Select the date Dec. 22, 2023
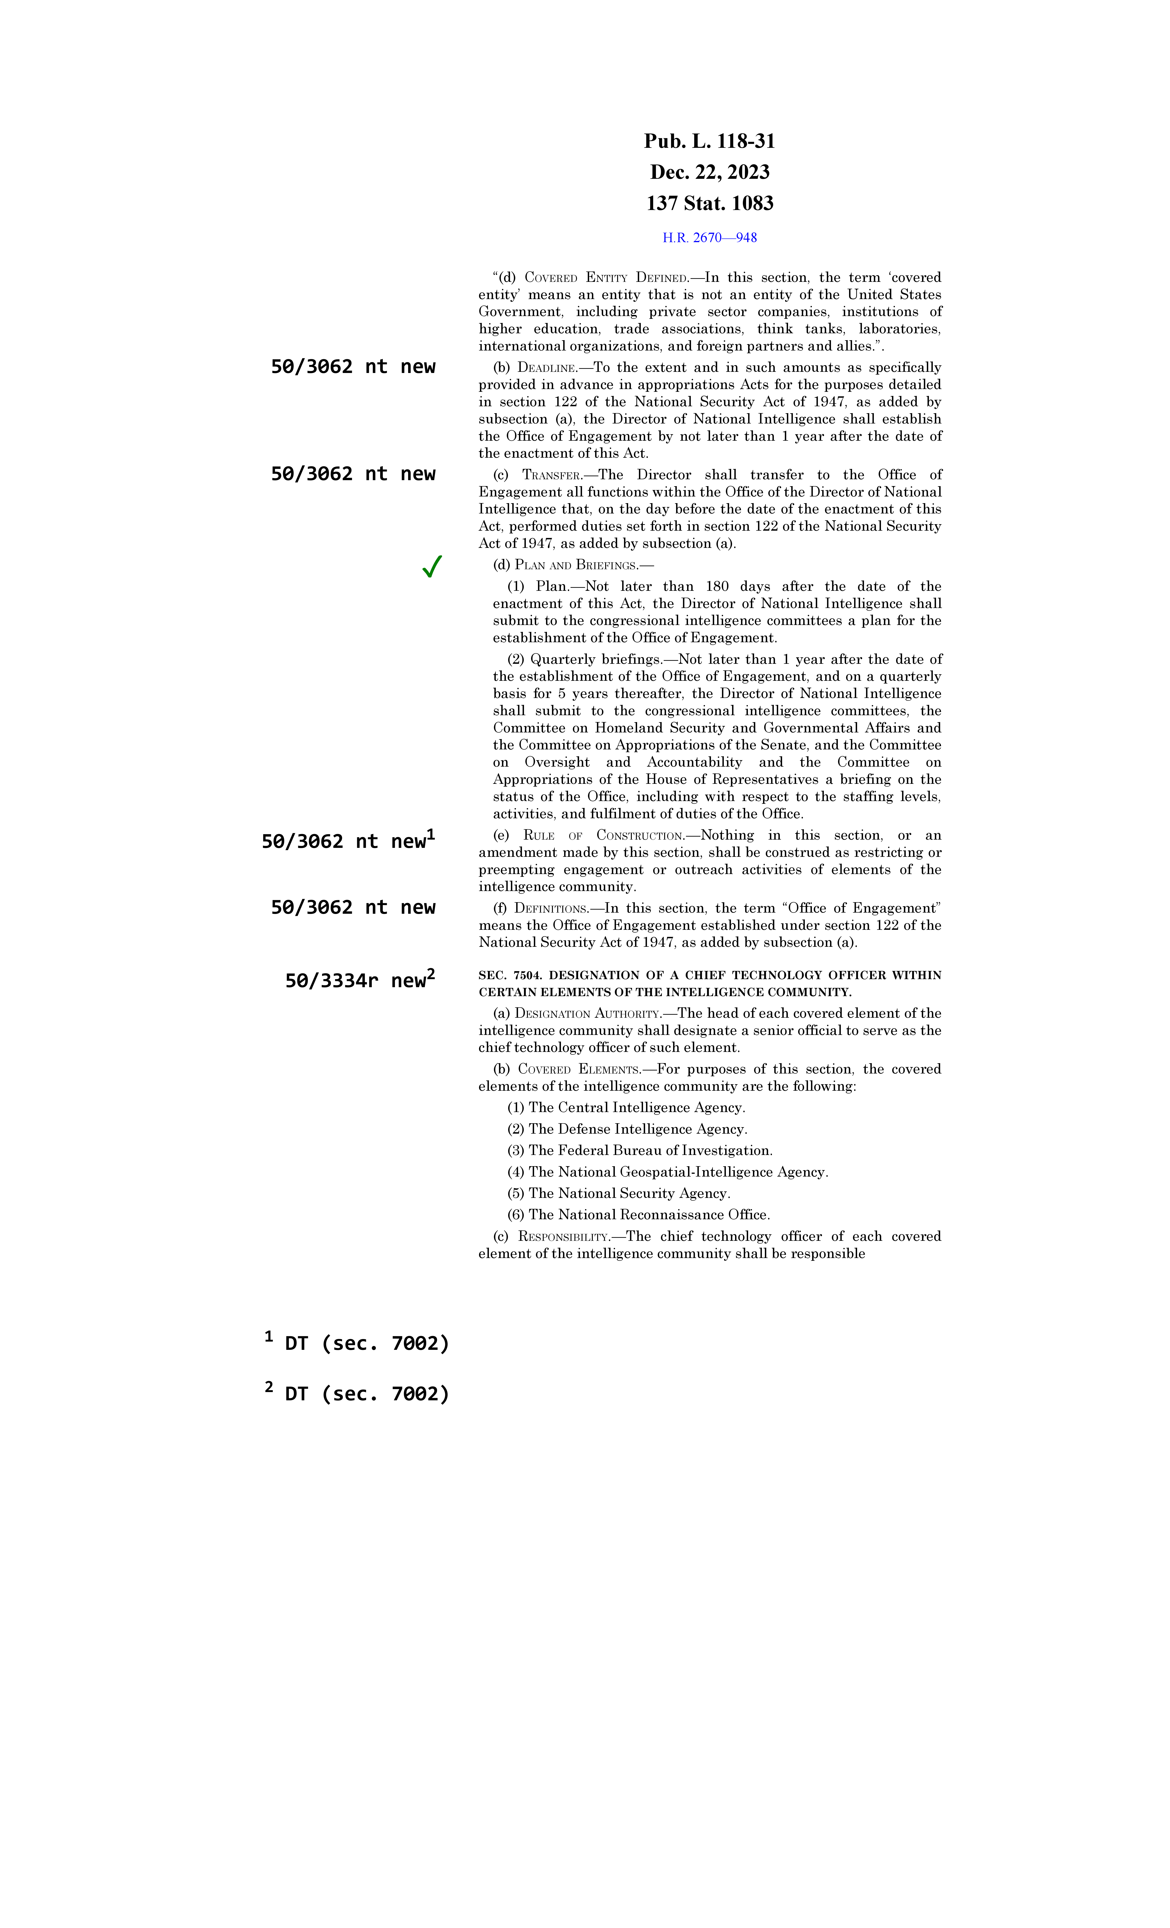[709, 172]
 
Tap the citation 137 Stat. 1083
[709, 203]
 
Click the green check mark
[432, 566]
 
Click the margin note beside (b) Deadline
[353, 367]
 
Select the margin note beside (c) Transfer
[353, 474]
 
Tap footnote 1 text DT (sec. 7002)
[366, 1343]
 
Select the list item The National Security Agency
[629, 1193]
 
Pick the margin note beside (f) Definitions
[353, 908]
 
